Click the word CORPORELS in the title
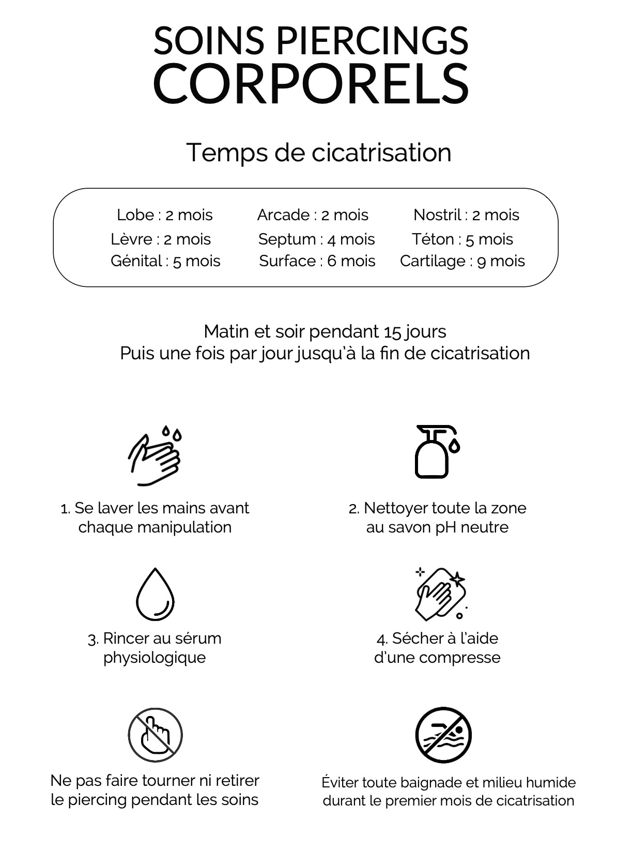pos(311,84)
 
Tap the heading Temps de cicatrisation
pos(318,152)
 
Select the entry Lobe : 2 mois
pos(164,215)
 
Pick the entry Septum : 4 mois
pos(316,239)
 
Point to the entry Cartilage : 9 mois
pos(462,261)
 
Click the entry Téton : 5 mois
pos(462,239)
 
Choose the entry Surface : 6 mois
pos(317,261)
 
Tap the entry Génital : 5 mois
pos(165,261)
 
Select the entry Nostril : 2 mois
pos(466,215)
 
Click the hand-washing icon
pos(155,455)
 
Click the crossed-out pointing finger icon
pos(155,735)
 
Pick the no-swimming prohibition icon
pos(443,735)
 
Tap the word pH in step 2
pos(446,527)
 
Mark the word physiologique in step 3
pos(155,658)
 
